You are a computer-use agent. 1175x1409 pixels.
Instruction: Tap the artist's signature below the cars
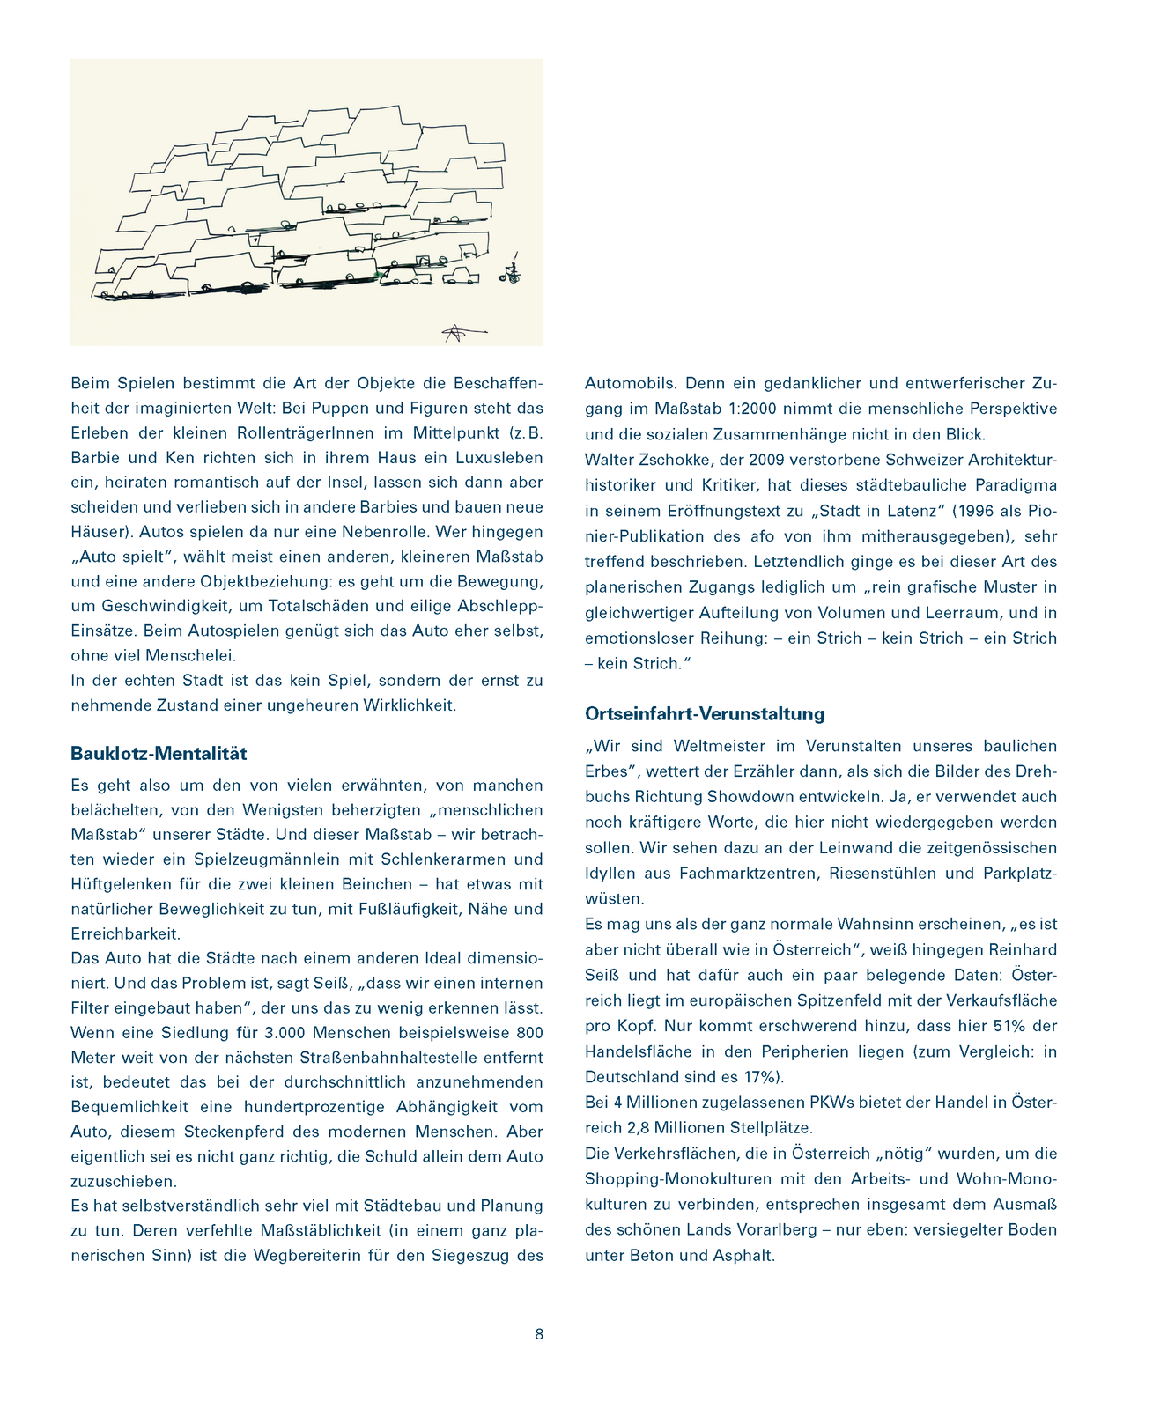click(457, 332)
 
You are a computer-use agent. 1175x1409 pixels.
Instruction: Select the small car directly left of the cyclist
click(460, 277)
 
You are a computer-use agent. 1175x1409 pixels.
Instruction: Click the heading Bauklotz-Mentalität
click(159, 754)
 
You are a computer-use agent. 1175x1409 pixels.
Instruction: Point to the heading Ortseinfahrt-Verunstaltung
click(705, 713)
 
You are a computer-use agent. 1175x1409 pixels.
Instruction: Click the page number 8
click(539, 1334)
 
